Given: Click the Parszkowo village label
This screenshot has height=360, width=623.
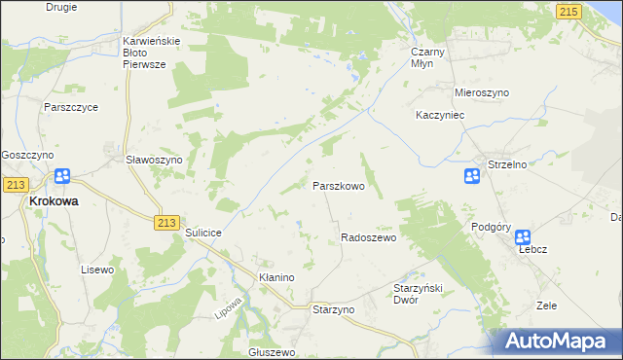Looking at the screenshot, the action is [x=339, y=185].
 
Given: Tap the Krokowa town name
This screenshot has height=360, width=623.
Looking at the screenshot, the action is [x=55, y=200].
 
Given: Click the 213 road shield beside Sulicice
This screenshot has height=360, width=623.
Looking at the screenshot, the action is [x=165, y=223].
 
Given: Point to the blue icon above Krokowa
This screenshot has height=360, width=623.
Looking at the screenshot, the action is [x=62, y=176].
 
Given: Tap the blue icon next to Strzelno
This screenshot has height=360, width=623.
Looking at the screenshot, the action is [x=471, y=176].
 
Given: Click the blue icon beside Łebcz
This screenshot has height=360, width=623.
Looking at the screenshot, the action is [x=523, y=236].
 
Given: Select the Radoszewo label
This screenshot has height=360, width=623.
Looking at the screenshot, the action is [x=368, y=237].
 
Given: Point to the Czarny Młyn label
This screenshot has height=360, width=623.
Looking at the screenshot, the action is [x=428, y=54].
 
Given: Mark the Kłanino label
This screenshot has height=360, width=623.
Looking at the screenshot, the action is [x=276, y=277].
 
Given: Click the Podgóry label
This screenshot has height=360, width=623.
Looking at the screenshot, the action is [x=492, y=227].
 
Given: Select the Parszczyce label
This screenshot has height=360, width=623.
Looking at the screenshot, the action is [x=70, y=107].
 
